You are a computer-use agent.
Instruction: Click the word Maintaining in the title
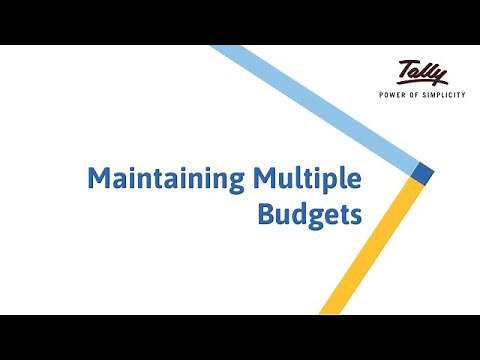point(165,181)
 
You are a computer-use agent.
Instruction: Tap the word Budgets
point(309,214)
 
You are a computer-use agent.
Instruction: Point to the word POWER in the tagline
point(393,96)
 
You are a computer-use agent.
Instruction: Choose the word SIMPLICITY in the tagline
point(445,96)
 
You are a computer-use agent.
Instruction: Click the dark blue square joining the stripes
point(423,174)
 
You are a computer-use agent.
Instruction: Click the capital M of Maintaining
point(98,181)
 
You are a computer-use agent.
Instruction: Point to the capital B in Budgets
point(265,214)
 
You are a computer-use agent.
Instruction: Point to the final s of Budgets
point(354,216)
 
